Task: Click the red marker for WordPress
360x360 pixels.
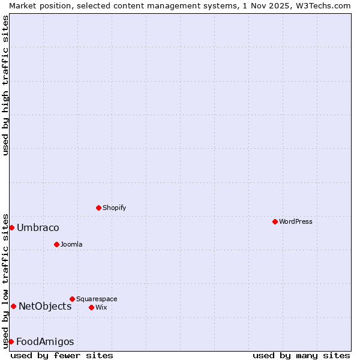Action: [x=275, y=221]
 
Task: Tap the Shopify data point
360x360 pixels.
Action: [x=98, y=208]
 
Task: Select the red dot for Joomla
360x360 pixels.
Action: [x=56, y=244]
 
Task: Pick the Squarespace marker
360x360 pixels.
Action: [x=72, y=299]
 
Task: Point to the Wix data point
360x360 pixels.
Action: [x=91, y=307]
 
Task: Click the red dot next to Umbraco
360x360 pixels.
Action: [x=11, y=227]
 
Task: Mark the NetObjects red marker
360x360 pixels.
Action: [x=13, y=306]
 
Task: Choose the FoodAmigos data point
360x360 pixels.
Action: [x=11, y=341]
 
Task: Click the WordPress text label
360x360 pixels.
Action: [x=296, y=221]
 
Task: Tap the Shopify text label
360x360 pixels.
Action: [x=114, y=208]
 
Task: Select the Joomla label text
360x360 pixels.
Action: [x=71, y=244]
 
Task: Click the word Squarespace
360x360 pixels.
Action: [x=97, y=299]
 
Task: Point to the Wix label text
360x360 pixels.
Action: [x=101, y=307]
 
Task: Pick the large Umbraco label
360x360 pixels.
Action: [x=38, y=227]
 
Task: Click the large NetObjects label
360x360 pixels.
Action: [x=45, y=306]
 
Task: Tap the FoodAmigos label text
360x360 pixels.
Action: [x=45, y=341]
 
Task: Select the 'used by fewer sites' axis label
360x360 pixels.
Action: [x=62, y=355]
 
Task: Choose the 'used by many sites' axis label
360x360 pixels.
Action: [x=301, y=355]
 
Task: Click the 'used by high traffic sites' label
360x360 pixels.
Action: [x=5, y=85]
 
